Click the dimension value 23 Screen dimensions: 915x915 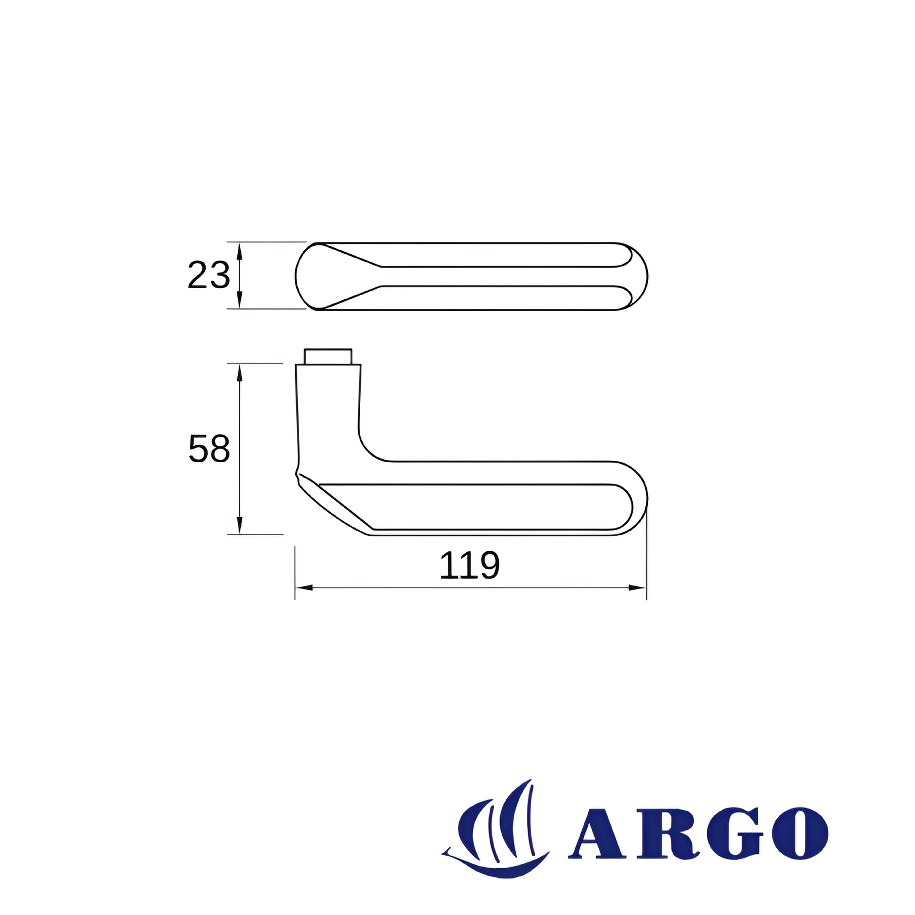(209, 275)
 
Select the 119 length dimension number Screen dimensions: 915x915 (469, 565)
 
